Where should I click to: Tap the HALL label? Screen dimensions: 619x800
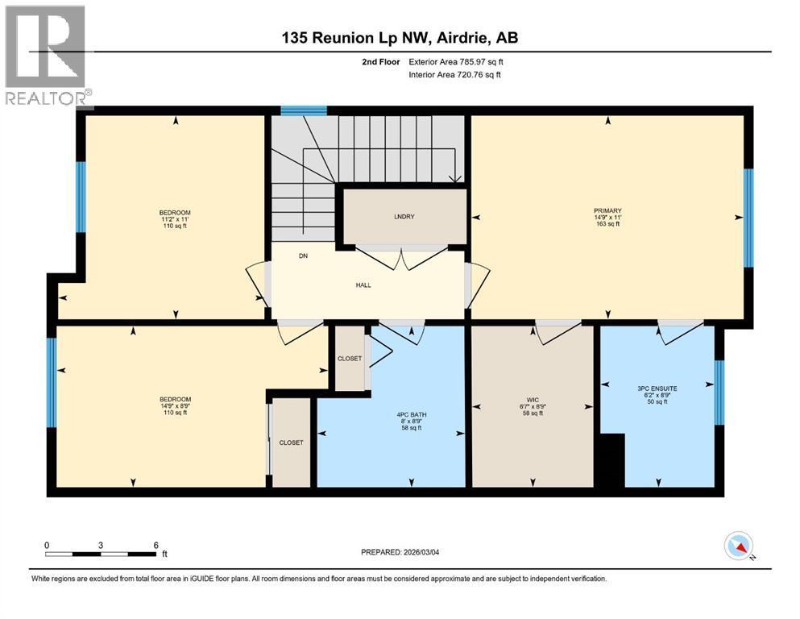pos(364,285)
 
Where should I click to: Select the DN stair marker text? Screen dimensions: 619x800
pos(303,256)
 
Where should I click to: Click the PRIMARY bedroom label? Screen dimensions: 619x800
pos(607,211)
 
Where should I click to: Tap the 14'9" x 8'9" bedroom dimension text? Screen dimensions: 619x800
pos(175,406)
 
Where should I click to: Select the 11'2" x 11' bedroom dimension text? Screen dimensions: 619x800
pos(175,219)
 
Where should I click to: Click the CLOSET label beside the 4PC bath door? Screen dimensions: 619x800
pos(350,358)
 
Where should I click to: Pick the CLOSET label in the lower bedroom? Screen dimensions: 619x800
pos(291,442)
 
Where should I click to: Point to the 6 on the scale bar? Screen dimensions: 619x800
pos(155,545)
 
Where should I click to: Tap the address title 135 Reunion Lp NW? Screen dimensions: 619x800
pos(400,38)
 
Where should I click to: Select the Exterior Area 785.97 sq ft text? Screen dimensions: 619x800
pos(456,62)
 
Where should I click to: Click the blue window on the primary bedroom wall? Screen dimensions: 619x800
pos(748,218)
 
